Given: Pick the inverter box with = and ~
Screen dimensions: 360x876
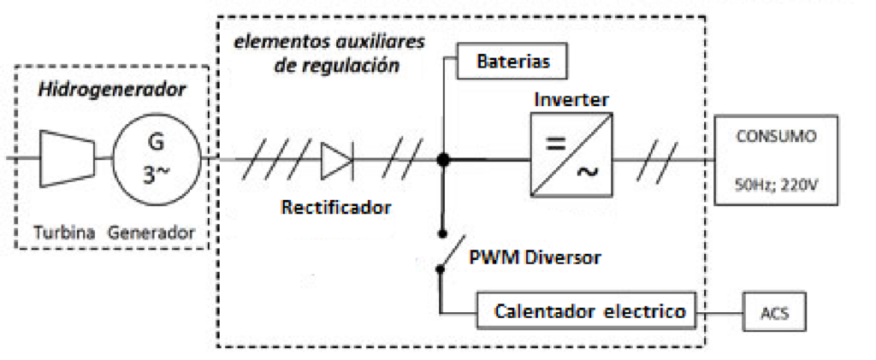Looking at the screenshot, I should point(569,159).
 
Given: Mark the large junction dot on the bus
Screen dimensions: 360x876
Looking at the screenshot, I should point(443,159).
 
